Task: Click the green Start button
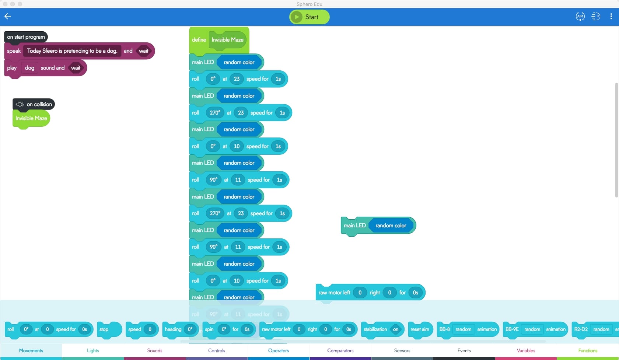(x=309, y=17)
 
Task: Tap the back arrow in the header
(x=8, y=16)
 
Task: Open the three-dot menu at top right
(x=611, y=16)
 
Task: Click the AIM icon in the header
(x=580, y=16)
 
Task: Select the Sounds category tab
(x=155, y=350)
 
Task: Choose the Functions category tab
(x=588, y=350)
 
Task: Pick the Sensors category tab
(x=402, y=350)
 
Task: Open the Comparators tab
(x=340, y=350)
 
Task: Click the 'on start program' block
(x=26, y=37)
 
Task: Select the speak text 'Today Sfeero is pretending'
(x=72, y=51)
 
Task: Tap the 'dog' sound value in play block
(x=29, y=68)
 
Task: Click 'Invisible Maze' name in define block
(x=227, y=40)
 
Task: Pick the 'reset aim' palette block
(x=420, y=329)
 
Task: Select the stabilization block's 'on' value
(x=395, y=329)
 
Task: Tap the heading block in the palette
(x=173, y=329)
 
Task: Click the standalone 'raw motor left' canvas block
(x=334, y=293)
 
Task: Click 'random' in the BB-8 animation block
(x=463, y=329)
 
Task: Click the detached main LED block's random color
(x=391, y=226)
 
